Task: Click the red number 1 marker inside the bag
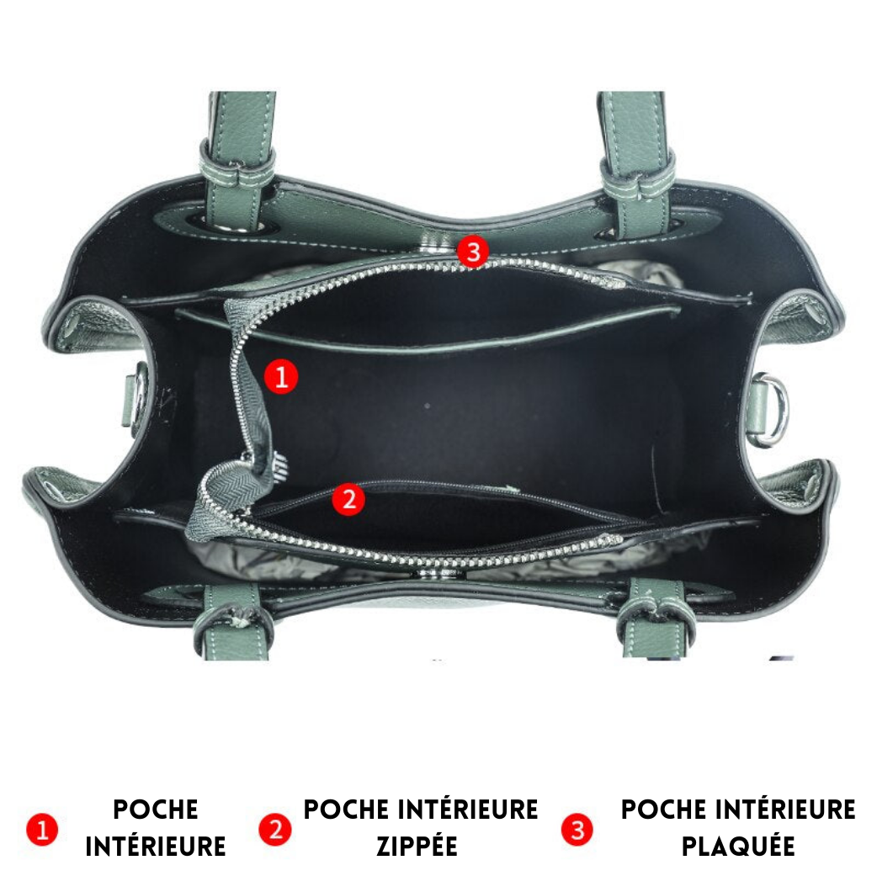pos(281,376)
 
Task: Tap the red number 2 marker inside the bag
pos(348,498)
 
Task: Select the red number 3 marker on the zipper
pos(473,251)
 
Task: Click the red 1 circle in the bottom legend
pos(42,830)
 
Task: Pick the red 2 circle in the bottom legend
pos(275,830)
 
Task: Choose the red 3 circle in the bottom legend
pos(577,830)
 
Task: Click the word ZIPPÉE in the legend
pos(417,846)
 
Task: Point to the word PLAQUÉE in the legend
pos(738,846)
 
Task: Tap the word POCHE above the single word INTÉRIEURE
pos(156,810)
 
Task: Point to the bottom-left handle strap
pos(231,622)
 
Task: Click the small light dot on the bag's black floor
pos(428,405)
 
